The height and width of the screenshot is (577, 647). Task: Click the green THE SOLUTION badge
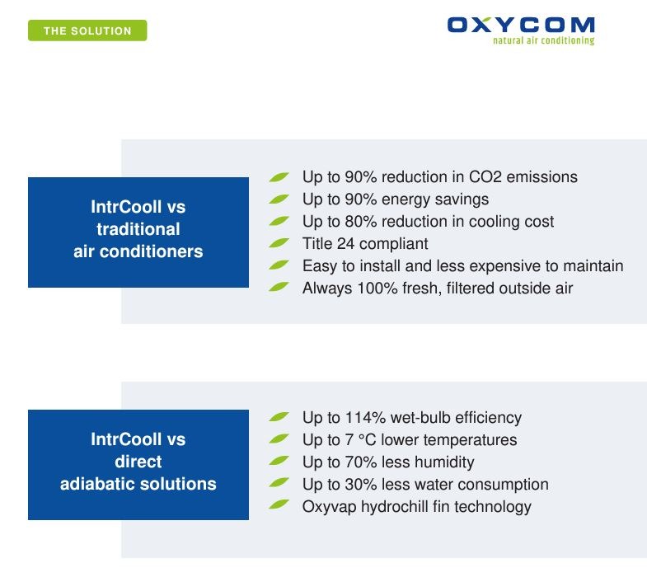[x=87, y=30]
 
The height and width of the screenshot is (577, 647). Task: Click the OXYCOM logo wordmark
[x=521, y=25]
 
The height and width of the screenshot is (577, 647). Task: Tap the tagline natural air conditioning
[x=543, y=40]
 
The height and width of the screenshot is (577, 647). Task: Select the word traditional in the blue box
[x=138, y=229]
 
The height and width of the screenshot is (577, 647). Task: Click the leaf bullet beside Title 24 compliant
[x=279, y=242]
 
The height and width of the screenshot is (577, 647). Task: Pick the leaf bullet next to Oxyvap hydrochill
[x=279, y=504]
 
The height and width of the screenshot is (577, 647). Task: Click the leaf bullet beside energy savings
[x=279, y=199]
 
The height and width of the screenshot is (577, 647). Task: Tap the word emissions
[x=542, y=176]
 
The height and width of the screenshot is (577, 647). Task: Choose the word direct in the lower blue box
[x=138, y=462]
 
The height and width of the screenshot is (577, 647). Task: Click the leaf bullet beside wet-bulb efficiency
[x=279, y=416]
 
